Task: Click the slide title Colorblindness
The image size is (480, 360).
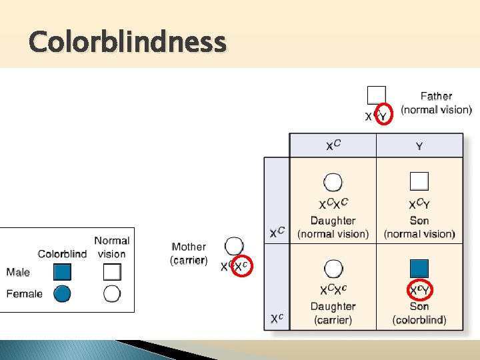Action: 127,43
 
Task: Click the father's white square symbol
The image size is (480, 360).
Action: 376,95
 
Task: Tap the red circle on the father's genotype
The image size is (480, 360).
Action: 381,115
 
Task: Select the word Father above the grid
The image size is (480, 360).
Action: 436,97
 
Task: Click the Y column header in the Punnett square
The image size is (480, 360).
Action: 419,146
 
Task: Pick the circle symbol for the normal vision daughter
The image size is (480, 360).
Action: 333,181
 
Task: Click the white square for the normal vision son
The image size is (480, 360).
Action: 419,181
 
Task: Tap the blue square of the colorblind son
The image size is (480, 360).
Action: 419,268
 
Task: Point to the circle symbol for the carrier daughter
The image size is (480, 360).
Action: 333,268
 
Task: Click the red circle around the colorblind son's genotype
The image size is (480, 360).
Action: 419,290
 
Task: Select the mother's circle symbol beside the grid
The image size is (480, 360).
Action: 234,246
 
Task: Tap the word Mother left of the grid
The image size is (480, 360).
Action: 189,247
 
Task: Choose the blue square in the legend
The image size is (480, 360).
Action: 62,271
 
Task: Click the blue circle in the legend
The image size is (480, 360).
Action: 62,293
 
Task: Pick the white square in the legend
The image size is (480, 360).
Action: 112,271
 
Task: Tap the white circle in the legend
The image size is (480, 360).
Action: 112,293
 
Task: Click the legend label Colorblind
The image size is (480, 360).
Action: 62,254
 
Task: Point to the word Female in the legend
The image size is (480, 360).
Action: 24,293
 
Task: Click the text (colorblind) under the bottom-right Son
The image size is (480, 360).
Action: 419,320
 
